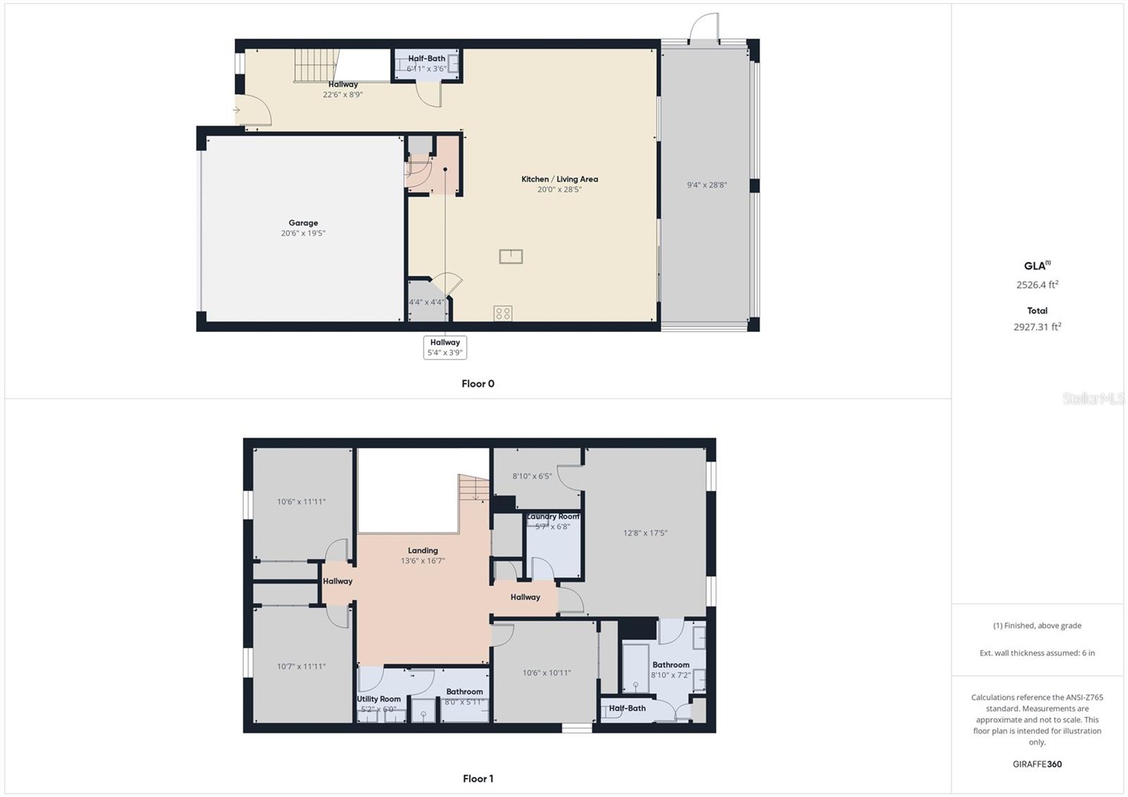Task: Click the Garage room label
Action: (x=303, y=223)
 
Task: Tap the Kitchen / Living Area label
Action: (x=559, y=179)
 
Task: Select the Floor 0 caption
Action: (x=478, y=384)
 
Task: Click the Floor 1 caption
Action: (x=478, y=779)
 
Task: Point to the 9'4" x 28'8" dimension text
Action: (x=706, y=185)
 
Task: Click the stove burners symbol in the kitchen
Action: (x=503, y=314)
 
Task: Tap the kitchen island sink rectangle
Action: (x=510, y=257)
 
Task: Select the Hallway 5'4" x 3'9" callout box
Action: (x=445, y=347)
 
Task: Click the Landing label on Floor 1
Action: (x=423, y=550)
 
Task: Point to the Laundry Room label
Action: (x=553, y=517)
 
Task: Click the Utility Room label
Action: (x=379, y=699)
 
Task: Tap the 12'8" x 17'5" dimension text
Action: (x=645, y=533)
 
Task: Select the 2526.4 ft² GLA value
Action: (x=1037, y=285)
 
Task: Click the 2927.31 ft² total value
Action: (x=1037, y=327)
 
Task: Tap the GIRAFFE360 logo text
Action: (x=1037, y=764)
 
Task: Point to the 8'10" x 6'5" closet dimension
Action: (x=532, y=476)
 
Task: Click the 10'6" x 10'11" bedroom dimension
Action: (x=546, y=673)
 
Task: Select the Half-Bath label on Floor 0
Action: (x=427, y=58)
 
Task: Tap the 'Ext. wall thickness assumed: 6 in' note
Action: (x=1037, y=653)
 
